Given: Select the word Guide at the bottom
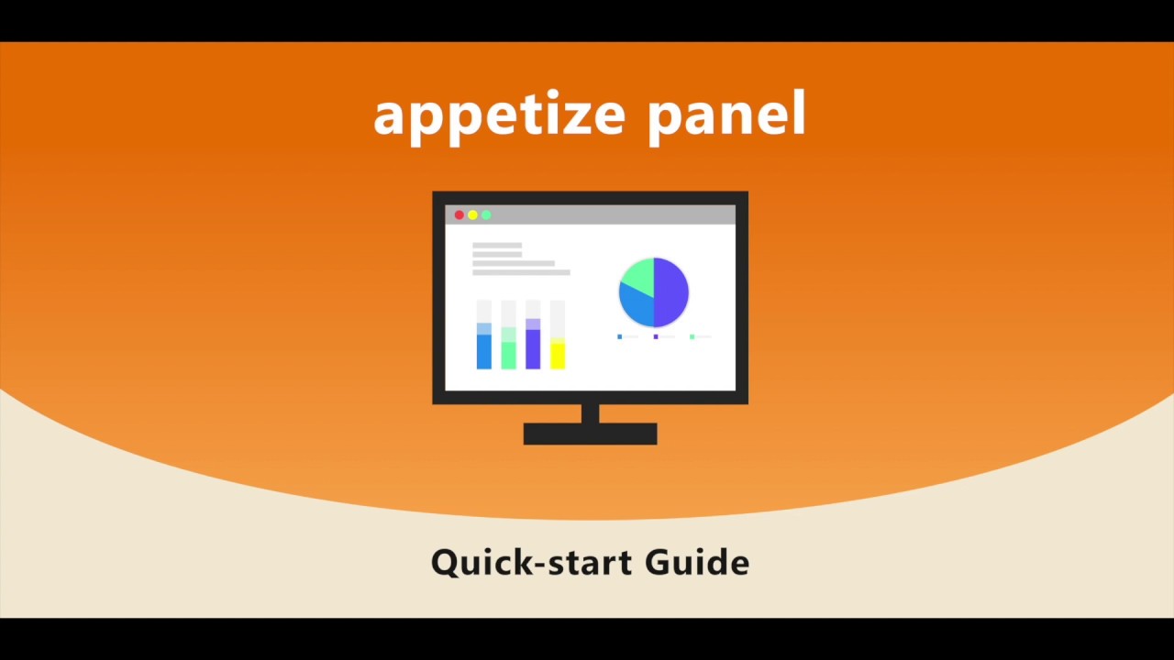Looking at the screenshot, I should pos(697,561).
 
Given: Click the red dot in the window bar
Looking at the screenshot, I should pos(460,215).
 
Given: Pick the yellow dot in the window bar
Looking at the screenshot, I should pos(472,215).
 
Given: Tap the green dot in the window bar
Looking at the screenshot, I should pos(486,215).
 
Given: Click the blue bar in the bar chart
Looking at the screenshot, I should pos(484,351).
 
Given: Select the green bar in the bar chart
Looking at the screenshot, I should pos(508,355).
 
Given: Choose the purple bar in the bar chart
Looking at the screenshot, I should pos(533,349).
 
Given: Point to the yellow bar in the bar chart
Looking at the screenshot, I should pos(558,355).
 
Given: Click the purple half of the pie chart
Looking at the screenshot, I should pos(670,291).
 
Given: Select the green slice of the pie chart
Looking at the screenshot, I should pos(638,275).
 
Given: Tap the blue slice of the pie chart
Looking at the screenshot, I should pos(637,305).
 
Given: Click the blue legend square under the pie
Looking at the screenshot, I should pos(620,337).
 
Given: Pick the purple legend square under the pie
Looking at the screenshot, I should pos(656,337).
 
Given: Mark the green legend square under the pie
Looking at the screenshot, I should pos(692,337).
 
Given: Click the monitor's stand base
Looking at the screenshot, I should pos(590,434).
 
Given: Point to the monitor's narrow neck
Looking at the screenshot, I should pos(590,413).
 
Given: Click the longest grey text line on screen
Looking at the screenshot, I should pos(521,272).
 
